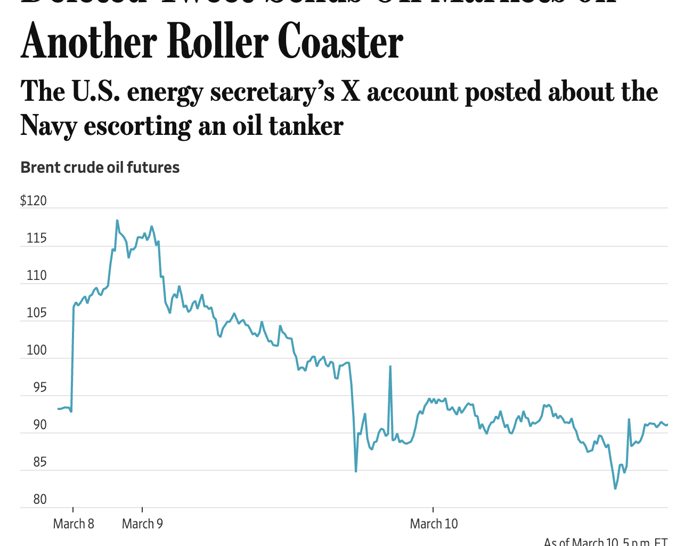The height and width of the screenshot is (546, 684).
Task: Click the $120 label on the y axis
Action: coord(34,201)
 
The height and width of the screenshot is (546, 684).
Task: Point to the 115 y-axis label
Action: coord(37,238)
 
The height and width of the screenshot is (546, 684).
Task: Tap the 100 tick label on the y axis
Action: coord(37,350)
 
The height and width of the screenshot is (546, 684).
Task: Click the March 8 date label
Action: coord(74,524)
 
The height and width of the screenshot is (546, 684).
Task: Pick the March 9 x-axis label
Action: coord(142,524)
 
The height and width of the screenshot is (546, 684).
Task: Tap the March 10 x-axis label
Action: coord(434,524)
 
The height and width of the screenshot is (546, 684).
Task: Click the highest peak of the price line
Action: coord(117,220)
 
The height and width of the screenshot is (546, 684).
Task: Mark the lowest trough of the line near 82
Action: coord(615,488)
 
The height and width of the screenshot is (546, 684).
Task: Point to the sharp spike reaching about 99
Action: coord(390,366)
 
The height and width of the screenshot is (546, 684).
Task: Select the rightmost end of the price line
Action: coord(667,425)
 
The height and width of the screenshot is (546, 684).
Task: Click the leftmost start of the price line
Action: coord(58,408)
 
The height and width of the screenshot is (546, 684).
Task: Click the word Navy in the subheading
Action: coord(48,126)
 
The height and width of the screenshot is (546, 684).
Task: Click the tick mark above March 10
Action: coord(433,511)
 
